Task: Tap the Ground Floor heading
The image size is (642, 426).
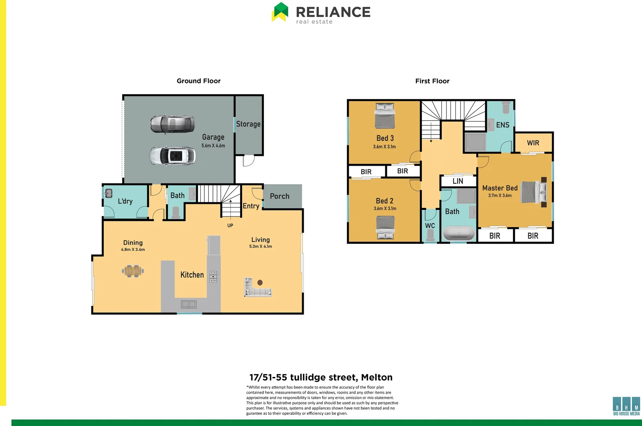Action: click(x=198, y=81)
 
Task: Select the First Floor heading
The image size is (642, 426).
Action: click(x=432, y=81)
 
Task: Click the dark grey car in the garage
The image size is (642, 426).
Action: click(x=172, y=124)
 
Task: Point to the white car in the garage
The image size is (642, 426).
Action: click(x=172, y=156)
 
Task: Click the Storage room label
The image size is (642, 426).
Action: click(x=248, y=124)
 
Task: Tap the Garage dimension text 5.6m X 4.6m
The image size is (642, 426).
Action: click(x=213, y=146)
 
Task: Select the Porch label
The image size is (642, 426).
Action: click(x=279, y=196)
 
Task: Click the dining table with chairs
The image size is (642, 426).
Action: click(x=133, y=271)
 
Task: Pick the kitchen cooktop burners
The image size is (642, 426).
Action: click(x=213, y=276)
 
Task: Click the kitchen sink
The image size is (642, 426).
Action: click(x=188, y=304)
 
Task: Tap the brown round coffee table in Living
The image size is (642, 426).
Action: click(x=260, y=282)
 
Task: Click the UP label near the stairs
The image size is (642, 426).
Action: click(x=230, y=226)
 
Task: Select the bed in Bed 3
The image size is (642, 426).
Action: click(x=384, y=116)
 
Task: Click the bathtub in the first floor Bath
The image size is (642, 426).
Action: click(x=459, y=233)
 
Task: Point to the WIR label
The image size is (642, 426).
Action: click(x=533, y=143)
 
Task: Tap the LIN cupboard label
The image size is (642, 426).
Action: click(x=457, y=181)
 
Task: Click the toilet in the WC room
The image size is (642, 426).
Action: click(x=430, y=235)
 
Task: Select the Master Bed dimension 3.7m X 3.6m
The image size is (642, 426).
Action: click(x=500, y=196)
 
